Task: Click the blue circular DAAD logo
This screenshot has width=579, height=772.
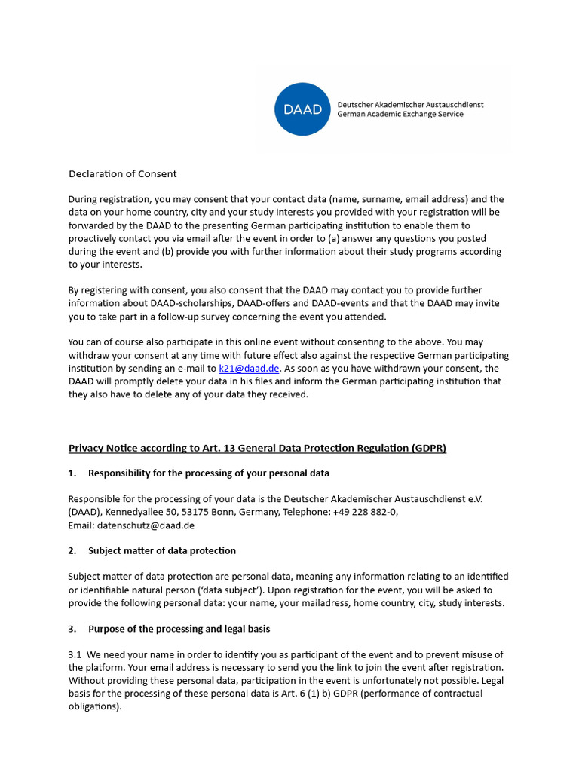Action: tap(302, 109)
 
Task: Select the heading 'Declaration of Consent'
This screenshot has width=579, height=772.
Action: tap(122, 174)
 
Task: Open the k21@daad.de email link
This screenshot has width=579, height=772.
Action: tap(249, 369)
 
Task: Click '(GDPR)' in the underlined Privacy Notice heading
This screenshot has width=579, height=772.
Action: tap(429, 448)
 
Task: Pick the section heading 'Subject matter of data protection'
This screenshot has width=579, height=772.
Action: tap(161, 550)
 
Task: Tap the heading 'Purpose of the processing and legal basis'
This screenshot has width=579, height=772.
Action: tap(179, 629)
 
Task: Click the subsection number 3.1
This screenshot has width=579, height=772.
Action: tap(75, 654)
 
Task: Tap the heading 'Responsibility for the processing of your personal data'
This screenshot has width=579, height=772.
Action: tap(208, 473)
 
